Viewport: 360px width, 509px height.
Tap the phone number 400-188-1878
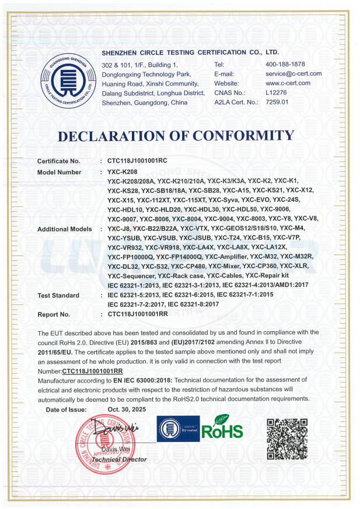click(x=285, y=64)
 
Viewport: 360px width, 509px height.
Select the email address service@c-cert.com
click(x=293, y=74)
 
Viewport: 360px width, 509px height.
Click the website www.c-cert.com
click(x=288, y=83)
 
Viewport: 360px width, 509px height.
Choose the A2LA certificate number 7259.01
click(x=277, y=102)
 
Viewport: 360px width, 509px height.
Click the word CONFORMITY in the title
click(x=243, y=136)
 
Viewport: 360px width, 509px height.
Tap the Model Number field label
click(x=60, y=172)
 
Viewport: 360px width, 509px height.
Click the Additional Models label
click(x=65, y=229)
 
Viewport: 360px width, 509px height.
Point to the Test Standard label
click(x=58, y=296)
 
